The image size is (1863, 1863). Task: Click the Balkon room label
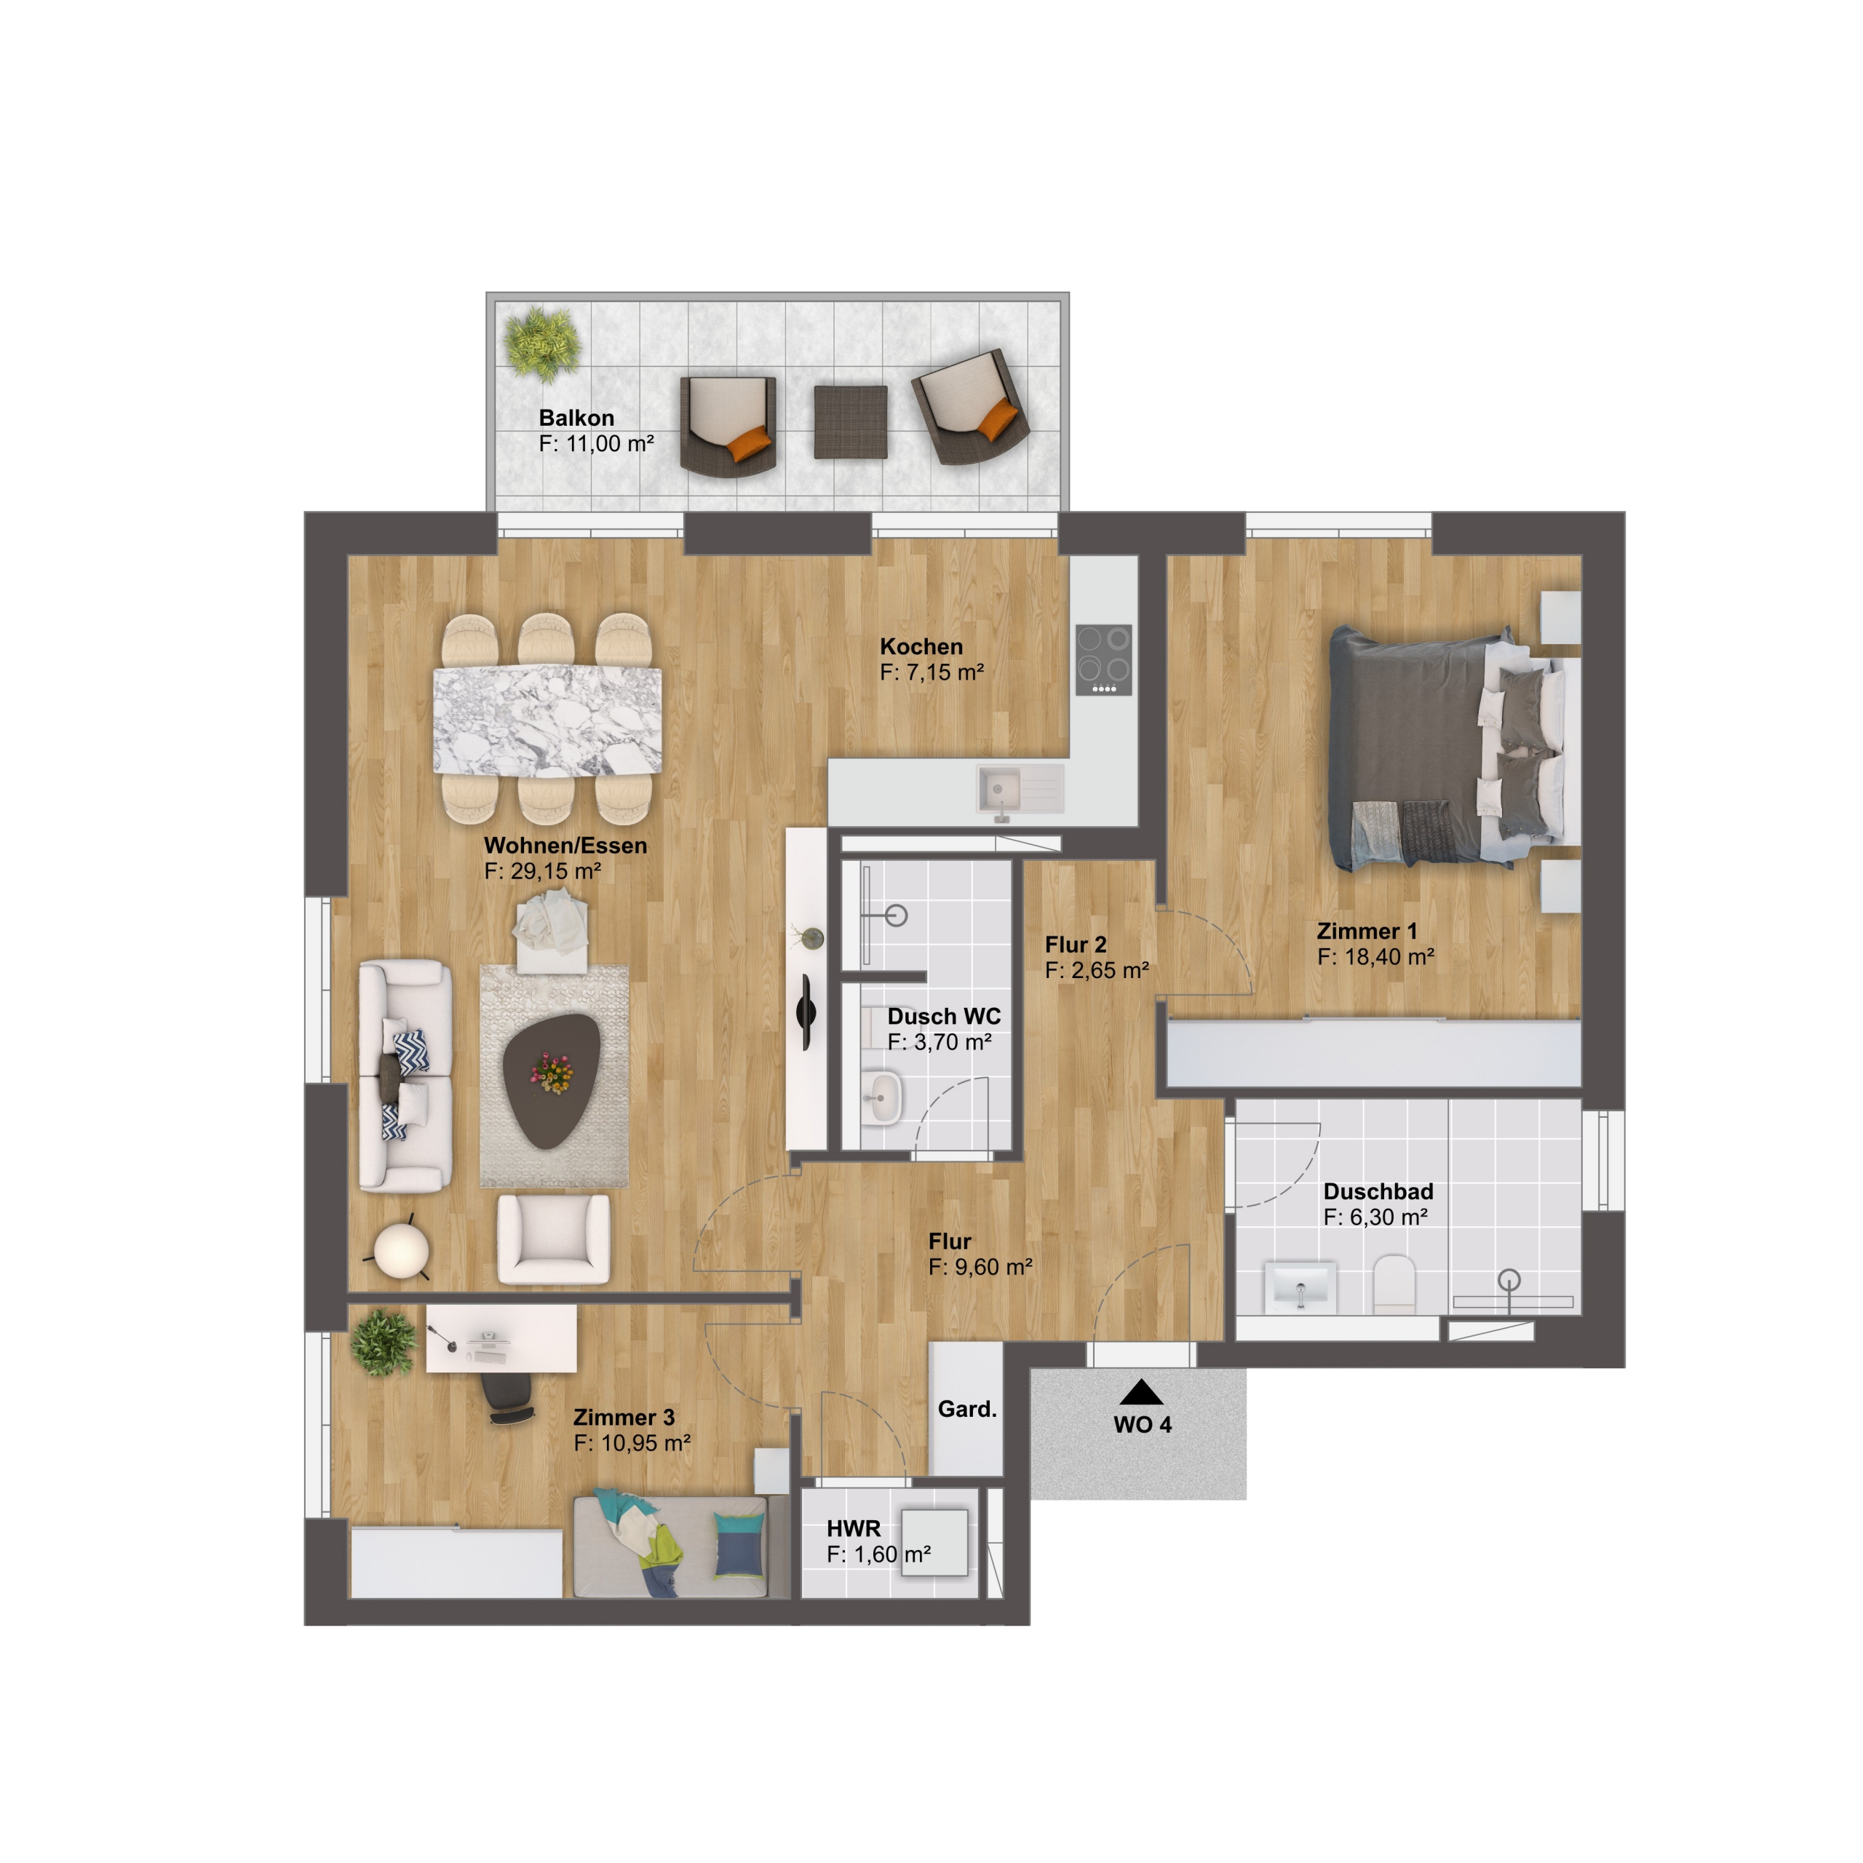pos(576,418)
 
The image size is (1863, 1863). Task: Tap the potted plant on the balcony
pos(543,343)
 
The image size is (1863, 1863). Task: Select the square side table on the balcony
pos(851,421)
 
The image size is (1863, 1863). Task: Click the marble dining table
pos(547,721)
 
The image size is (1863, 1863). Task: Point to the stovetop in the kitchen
pos(1103,661)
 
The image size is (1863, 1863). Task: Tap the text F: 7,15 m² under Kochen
pos(931,672)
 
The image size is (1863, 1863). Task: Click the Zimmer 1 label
pos(1367,931)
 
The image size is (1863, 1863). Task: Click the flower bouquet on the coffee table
pos(552,1072)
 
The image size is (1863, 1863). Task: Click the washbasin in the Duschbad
pos(1299,1284)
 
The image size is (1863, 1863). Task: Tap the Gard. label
pos(967,1409)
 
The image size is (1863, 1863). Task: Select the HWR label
pos(854,1528)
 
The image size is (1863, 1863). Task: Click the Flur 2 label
pos(1076,945)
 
